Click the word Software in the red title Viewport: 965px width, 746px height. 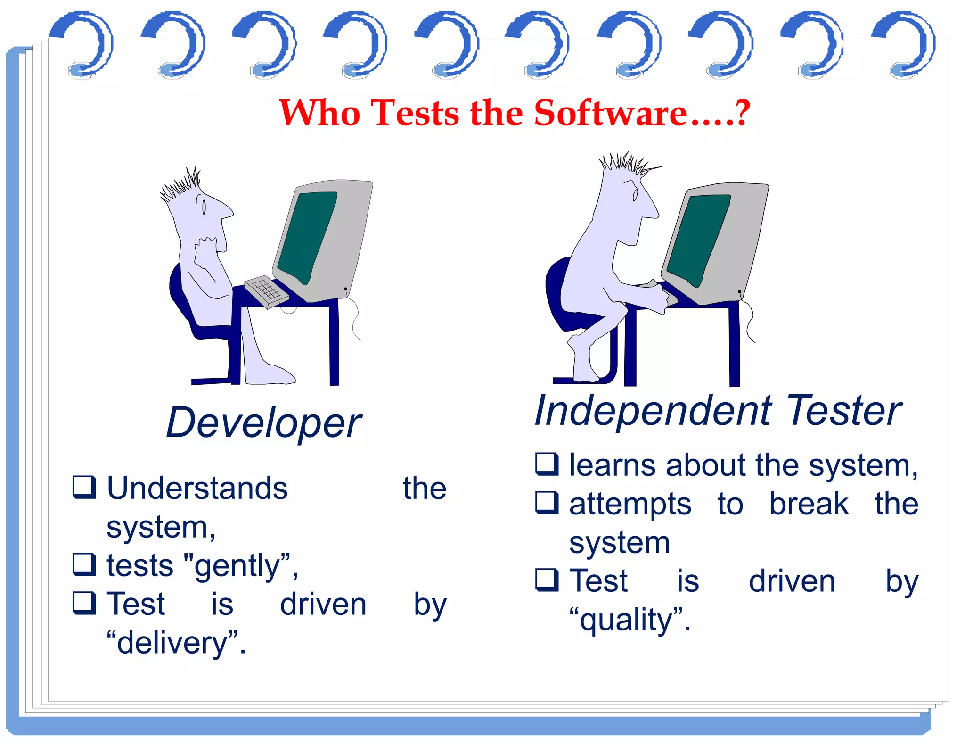click(x=610, y=113)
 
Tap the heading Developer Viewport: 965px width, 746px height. click(x=264, y=423)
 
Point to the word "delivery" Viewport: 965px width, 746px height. click(x=172, y=643)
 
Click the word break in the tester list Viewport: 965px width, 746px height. click(x=809, y=504)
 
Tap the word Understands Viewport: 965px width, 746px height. click(x=197, y=488)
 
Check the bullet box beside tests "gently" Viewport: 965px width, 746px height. click(x=84, y=564)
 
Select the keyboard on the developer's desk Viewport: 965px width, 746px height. click(x=266, y=291)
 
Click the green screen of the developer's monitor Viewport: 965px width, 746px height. click(x=306, y=236)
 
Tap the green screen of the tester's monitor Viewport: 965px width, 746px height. click(x=698, y=238)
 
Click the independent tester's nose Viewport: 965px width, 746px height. click(x=653, y=210)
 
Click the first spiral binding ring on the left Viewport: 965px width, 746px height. click(x=85, y=45)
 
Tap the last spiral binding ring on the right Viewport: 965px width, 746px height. click(x=907, y=45)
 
